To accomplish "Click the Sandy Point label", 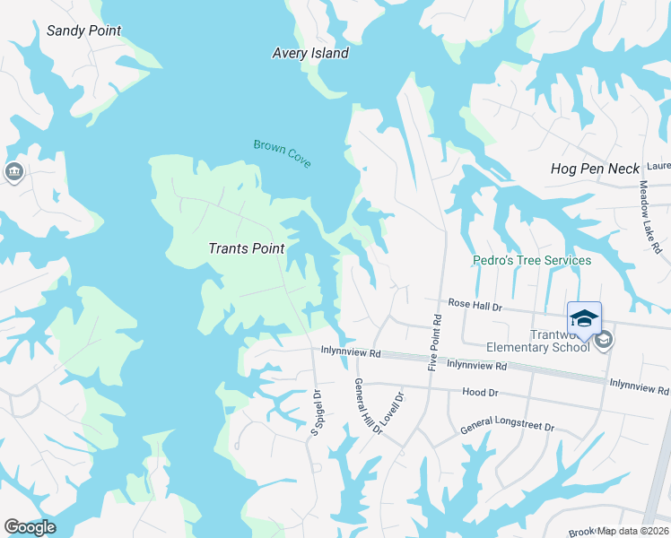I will [83, 31].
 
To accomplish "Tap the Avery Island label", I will [310, 54].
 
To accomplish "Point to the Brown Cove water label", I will [282, 152].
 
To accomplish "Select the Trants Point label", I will [246, 248].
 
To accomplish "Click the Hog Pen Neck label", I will [595, 169].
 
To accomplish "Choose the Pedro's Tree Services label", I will [532, 261].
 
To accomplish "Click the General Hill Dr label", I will [368, 408].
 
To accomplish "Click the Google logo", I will [30, 527].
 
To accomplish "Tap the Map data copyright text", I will [633, 531].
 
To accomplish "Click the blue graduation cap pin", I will [584, 319].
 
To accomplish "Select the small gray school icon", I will [605, 339].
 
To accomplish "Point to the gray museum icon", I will [13, 172].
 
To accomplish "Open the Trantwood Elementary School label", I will [537, 340].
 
